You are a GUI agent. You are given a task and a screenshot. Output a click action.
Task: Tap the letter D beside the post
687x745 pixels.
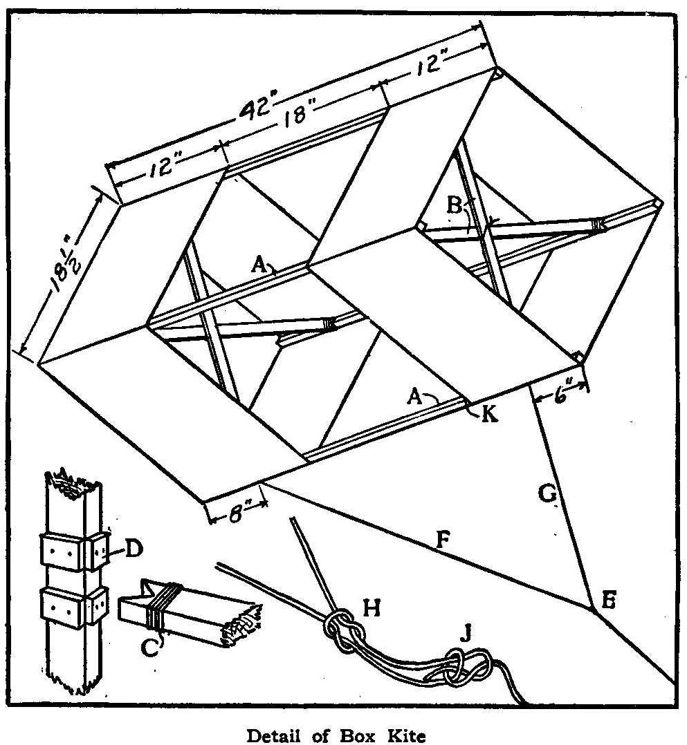[x=133, y=550]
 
